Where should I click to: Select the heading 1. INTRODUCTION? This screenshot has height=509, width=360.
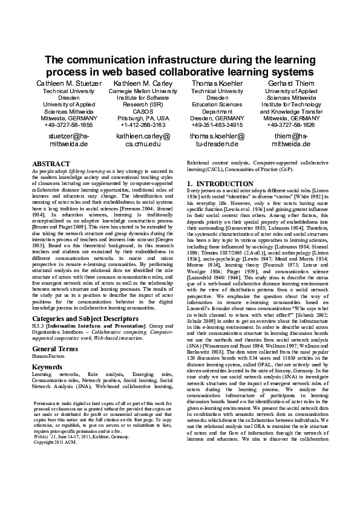220,184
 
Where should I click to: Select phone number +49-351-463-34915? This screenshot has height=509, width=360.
217,125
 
